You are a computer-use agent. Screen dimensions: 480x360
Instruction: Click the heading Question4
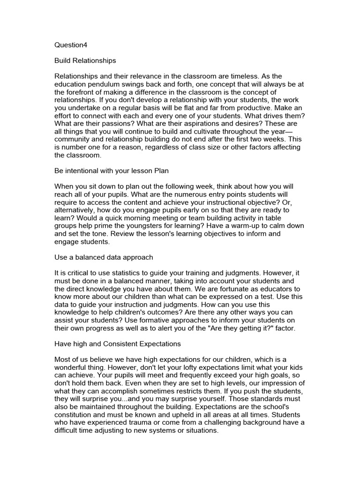coord(71,45)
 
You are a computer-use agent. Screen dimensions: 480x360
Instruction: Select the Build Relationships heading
coord(85,60)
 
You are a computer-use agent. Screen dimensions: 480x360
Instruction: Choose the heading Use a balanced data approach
coord(104,257)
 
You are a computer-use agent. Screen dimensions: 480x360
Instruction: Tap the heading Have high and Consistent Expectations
coord(118,344)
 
